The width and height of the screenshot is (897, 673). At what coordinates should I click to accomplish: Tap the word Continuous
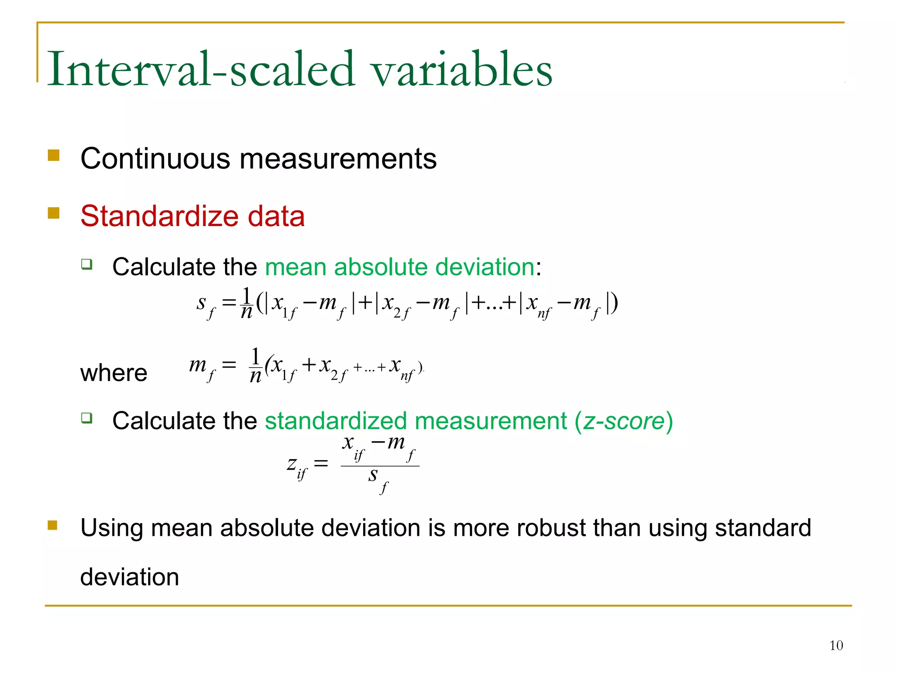[155, 159]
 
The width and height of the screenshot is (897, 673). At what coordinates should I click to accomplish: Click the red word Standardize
[159, 216]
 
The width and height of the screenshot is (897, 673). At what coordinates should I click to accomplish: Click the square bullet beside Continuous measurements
[53, 156]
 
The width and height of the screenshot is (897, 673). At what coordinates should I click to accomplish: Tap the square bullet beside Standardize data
[53, 213]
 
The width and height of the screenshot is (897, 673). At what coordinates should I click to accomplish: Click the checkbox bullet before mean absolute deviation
[87, 264]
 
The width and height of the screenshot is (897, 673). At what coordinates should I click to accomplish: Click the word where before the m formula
[113, 373]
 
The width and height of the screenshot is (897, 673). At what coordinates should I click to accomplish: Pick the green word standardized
[335, 421]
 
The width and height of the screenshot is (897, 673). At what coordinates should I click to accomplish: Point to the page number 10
[836, 645]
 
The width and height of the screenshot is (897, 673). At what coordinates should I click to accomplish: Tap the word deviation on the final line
[130, 577]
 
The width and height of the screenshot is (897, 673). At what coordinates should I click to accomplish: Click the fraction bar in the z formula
[380, 466]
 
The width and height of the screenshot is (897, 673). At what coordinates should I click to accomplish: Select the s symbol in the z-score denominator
[373, 475]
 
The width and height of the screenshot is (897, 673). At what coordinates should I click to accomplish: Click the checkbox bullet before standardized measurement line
[87, 418]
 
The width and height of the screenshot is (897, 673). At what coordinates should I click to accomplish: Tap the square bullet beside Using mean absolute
[53, 525]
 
